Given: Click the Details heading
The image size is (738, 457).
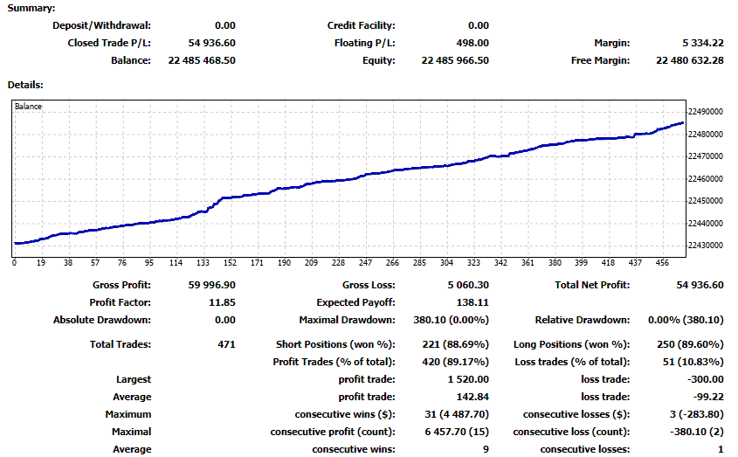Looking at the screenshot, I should [26, 85].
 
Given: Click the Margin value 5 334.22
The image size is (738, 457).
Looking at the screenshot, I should [692, 43].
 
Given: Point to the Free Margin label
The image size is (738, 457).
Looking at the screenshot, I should [601, 60].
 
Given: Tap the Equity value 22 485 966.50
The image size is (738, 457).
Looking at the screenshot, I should [455, 60].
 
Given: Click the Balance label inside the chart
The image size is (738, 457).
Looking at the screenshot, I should [29, 107].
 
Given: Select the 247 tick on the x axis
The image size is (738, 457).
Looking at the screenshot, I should [365, 262].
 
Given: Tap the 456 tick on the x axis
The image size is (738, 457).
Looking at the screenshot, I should [664, 262].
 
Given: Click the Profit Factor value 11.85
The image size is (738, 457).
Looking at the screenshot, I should [222, 302].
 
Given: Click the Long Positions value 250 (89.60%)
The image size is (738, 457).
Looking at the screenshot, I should [687, 344].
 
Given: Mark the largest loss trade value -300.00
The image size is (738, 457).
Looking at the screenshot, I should [705, 379].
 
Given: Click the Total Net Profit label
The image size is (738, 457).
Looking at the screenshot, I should [592, 285].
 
